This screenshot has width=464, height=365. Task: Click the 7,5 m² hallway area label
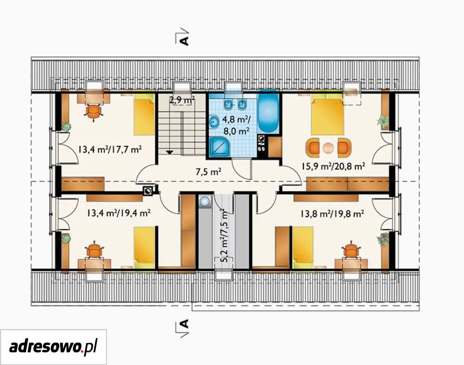[209, 172]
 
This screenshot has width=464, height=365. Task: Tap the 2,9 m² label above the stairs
[182, 100]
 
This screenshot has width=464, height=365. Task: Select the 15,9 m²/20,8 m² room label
[333, 166]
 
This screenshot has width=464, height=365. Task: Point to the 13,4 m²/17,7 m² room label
[110, 149]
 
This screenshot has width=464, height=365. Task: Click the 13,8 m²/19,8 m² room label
[332, 213]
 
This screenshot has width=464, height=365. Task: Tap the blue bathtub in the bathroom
[268, 114]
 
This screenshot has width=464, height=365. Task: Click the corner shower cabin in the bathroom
[219, 147]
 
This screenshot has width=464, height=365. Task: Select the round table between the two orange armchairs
[328, 147]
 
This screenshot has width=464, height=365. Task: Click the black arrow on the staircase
[169, 152]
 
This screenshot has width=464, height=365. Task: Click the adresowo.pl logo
[53, 346]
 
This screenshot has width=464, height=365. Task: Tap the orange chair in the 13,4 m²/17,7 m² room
[94, 112]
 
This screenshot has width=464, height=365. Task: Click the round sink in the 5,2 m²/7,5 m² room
[204, 201]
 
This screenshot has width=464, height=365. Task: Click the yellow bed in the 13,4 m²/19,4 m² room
[144, 248]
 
